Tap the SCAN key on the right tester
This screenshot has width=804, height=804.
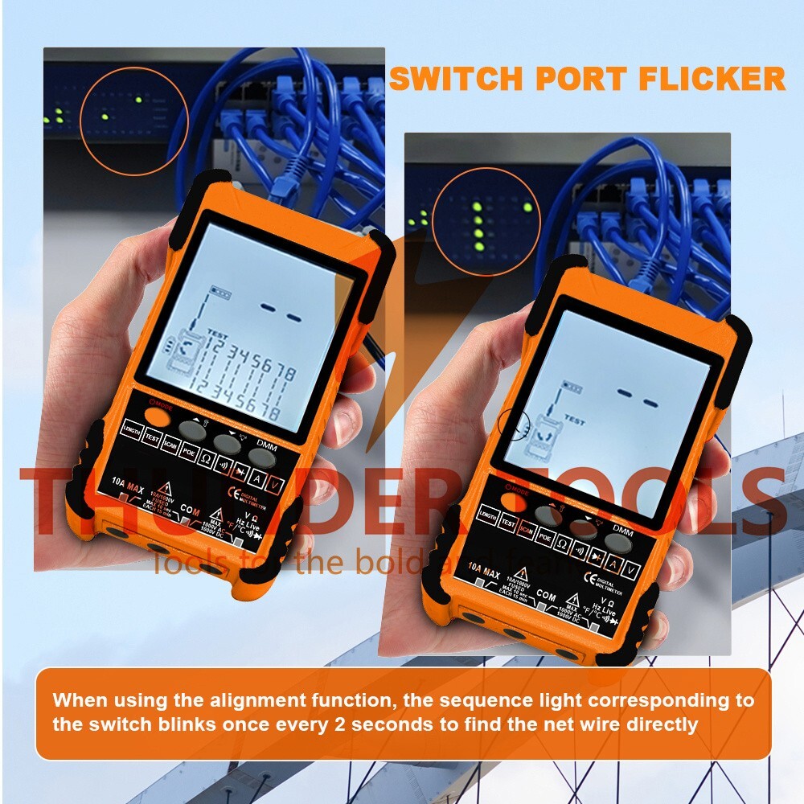tap(528, 531)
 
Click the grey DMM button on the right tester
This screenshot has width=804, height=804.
tap(618, 543)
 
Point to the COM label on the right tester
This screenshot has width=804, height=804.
tap(546, 598)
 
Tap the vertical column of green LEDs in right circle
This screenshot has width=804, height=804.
tap(478, 224)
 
